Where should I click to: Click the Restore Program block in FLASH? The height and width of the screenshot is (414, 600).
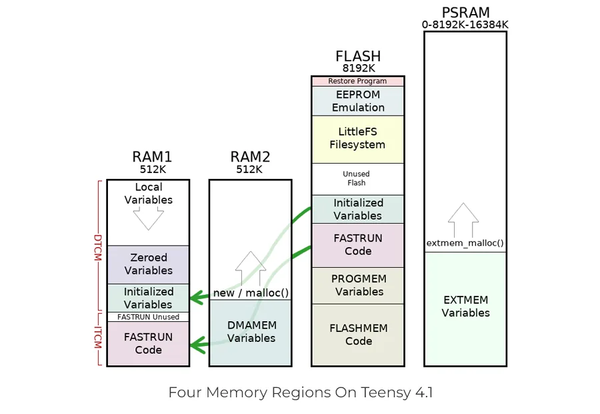pyautogui.click(x=358, y=81)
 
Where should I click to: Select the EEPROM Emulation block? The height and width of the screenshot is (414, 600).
pyautogui.click(x=358, y=101)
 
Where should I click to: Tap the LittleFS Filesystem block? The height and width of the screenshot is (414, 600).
pyautogui.click(x=358, y=139)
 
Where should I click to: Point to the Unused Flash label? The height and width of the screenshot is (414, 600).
pyautogui.click(x=356, y=178)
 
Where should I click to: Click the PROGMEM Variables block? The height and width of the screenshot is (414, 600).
pyautogui.click(x=358, y=286)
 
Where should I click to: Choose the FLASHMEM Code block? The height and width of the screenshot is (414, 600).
pyautogui.click(x=358, y=335)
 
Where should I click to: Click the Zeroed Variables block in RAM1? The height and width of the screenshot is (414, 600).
pyautogui.click(x=148, y=264)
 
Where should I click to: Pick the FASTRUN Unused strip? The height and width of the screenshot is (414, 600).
pyautogui.click(x=148, y=317)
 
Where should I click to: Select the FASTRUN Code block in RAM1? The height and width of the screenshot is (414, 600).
pyautogui.click(x=148, y=343)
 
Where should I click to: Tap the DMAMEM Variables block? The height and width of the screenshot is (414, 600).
pyautogui.click(x=251, y=333)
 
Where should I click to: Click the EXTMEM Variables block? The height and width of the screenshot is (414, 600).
pyautogui.click(x=465, y=308)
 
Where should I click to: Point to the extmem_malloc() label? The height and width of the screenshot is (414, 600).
pyautogui.click(x=465, y=243)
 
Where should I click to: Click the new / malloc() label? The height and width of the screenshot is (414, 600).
pyautogui.click(x=251, y=293)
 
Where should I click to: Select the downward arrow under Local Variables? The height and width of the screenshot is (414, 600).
pyautogui.click(x=149, y=218)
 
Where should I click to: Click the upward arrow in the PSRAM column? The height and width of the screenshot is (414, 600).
pyautogui.click(x=463, y=220)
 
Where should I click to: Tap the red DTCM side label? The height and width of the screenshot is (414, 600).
pyautogui.click(x=98, y=248)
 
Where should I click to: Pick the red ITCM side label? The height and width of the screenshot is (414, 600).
pyautogui.click(x=98, y=337)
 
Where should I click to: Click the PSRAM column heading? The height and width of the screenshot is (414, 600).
pyautogui.click(x=466, y=13)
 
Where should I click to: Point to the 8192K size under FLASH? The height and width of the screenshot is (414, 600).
pyautogui.click(x=359, y=68)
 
